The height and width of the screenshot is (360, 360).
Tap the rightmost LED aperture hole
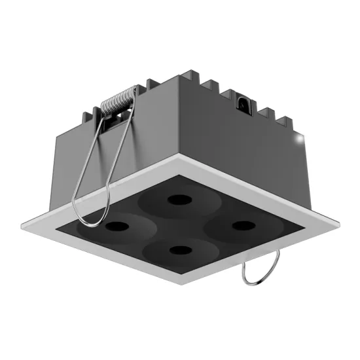point(243,225)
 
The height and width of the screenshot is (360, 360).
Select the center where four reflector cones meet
point(178,223)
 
